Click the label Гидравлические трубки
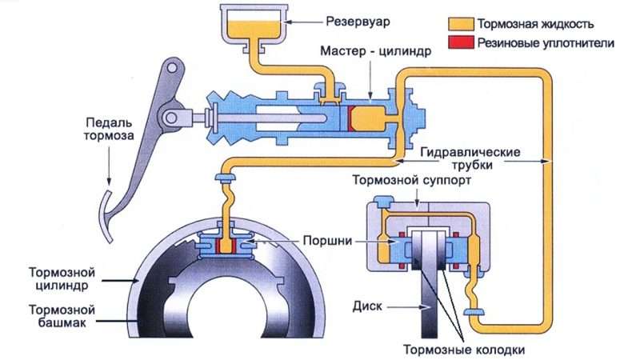click(470, 158)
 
